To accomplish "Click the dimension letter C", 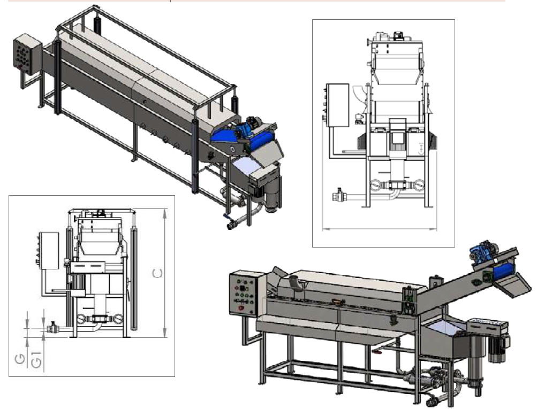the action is pos(157,273).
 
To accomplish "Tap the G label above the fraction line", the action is pos(20,359).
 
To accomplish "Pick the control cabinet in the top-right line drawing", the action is pos(337,105).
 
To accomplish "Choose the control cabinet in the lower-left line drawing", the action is pos(49,251).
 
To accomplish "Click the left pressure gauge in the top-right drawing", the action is pos(376,185).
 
